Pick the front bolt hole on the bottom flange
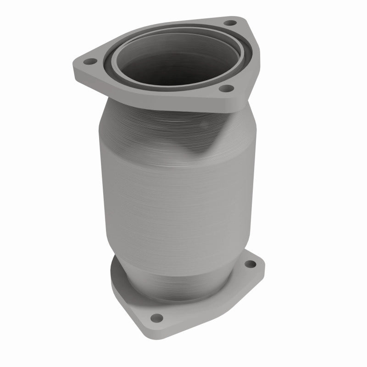point(156,317)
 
